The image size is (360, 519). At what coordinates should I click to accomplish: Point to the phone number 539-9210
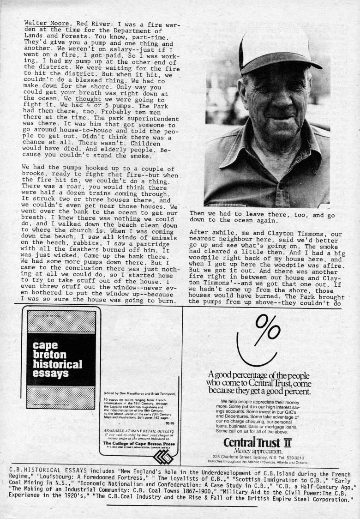290,456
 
